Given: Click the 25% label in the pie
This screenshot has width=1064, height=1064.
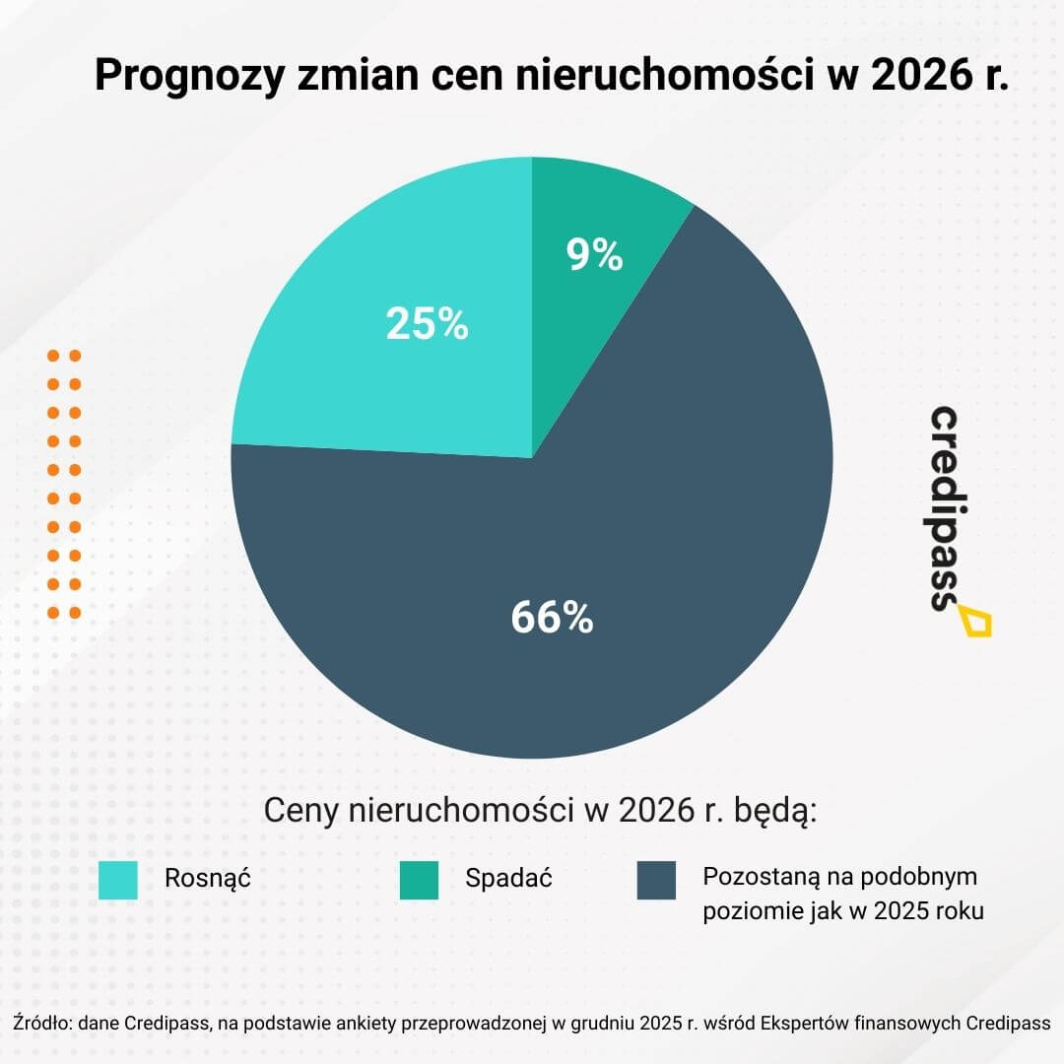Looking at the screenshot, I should [x=427, y=324].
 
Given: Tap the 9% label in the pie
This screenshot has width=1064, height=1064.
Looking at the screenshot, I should [x=594, y=255].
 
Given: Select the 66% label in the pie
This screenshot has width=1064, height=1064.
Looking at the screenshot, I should [x=552, y=618].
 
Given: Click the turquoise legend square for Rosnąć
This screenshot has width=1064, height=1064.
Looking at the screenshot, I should [x=119, y=880].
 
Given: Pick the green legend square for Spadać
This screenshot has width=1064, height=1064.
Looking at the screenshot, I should [x=419, y=880].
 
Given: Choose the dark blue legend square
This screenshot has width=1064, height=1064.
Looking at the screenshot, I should [x=656, y=880].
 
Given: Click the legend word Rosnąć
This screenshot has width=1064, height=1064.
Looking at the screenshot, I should [x=208, y=878].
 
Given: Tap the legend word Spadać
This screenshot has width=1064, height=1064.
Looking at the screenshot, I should [x=508, y=878].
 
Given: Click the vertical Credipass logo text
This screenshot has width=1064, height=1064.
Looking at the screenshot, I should [x=947, y=507].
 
